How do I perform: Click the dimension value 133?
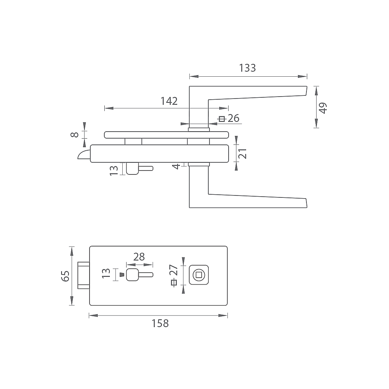coord(247,68)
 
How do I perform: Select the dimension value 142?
coord(169,101)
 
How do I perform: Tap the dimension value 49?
coord(323,108)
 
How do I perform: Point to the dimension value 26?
coord(234,118)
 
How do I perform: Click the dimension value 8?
coord(75,135)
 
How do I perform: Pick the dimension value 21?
coord(242,153)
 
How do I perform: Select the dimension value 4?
coord(176,167)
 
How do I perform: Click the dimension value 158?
coord(160,324)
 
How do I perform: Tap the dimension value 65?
coord(65,276)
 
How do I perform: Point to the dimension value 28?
coord(139,257)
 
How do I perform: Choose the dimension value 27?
coord(174,270)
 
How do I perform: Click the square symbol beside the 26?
coord(222,119)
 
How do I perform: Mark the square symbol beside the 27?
coord(174,282)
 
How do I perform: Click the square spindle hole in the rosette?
coord(199,275)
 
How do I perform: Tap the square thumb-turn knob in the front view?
coord(132,275)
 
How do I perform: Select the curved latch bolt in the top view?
coord(84,154)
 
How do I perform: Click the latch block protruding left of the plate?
coord(84,275)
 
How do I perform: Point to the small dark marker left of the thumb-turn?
coord(121,275)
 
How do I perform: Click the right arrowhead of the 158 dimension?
coord(223,315)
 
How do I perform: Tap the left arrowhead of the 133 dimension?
coord(194,76)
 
